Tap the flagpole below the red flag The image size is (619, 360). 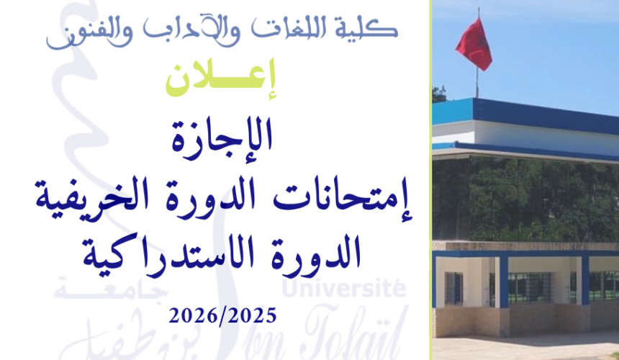coord(476,83)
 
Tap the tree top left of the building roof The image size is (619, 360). coord(438,94)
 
